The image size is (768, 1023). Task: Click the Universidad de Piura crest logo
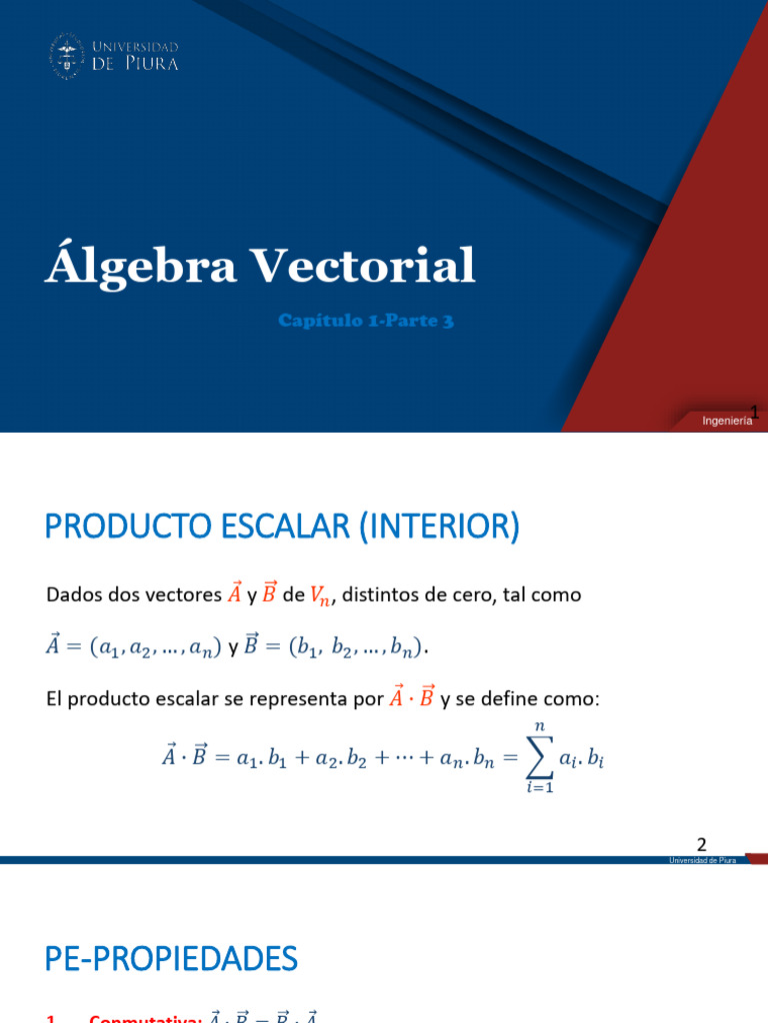66,56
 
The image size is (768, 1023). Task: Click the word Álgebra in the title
139,267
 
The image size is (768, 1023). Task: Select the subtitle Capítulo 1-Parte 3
366,321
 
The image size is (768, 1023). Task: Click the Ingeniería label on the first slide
727,422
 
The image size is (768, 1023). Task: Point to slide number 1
756,412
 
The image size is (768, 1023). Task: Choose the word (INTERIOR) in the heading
436,526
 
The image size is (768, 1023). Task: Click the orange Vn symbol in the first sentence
320,596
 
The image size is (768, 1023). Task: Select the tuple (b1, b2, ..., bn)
356,648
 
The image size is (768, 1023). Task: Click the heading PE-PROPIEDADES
171,960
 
